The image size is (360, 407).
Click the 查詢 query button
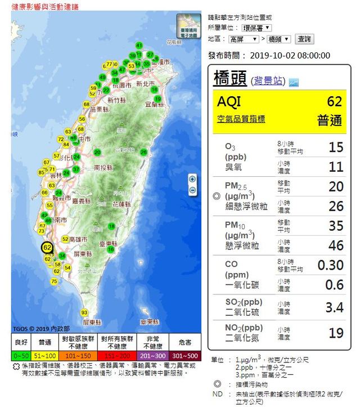coord(304,39)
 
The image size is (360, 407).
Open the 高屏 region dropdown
coord(244,39)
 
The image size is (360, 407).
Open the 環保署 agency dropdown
coord(256,27)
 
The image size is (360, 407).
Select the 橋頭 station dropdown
coord(279,39)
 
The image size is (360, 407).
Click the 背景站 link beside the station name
coord(268,80)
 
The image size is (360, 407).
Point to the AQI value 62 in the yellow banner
coord(334,102)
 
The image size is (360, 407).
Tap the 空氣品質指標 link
coord(241,119)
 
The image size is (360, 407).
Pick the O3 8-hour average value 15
coord(335,147)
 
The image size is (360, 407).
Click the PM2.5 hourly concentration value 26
coord(336,207)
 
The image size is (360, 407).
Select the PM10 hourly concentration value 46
coord(336,245)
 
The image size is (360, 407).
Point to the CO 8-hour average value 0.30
coord(330,265)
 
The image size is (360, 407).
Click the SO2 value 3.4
coord(334,307)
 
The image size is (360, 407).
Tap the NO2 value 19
coord(336,333)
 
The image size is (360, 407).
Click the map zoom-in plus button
coord(192,179)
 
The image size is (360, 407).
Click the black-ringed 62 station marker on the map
coord(47,247)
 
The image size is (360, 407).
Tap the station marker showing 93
coord(85,312)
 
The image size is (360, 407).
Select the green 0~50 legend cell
coord(21,356)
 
